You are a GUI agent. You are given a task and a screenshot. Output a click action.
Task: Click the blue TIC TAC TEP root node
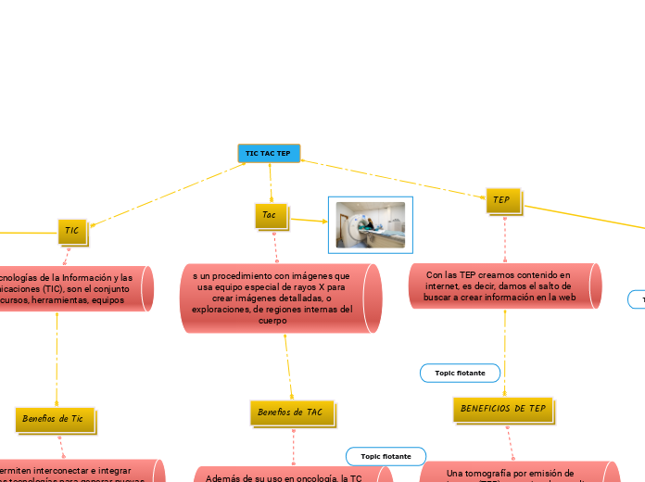269,153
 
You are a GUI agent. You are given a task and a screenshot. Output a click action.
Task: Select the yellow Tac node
271,215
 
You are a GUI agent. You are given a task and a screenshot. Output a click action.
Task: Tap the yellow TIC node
72,230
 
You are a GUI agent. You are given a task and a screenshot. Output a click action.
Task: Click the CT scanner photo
371,224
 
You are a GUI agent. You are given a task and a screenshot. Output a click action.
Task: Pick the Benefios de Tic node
56,419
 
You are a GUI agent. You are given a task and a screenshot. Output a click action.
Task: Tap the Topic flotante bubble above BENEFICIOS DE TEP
461,373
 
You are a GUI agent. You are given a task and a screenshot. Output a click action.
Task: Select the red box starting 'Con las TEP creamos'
504,286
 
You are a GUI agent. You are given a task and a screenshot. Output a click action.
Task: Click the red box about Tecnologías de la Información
74,288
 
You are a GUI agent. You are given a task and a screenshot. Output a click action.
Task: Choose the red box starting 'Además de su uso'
291,476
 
